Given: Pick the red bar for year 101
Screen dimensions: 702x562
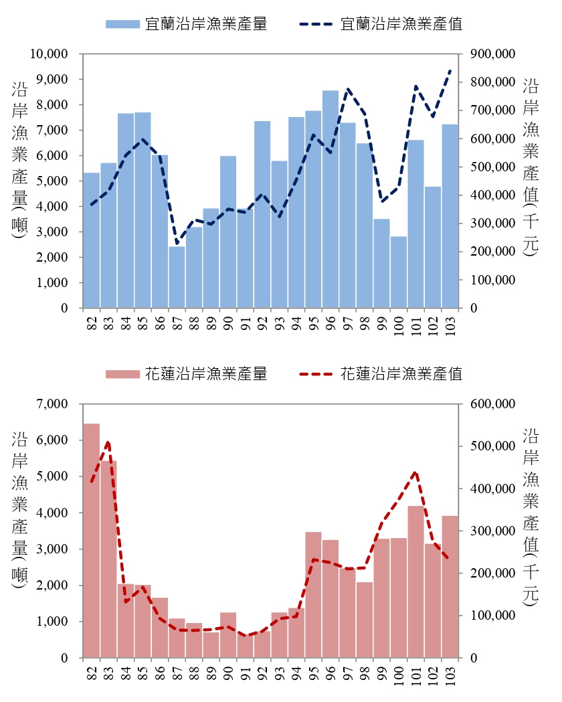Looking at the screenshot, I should pyautogui.click(x=416, y=582).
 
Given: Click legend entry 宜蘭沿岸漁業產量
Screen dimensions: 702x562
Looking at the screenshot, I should pyautogui.click(x=187, y=24).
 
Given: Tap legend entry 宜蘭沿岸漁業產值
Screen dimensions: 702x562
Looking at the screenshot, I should pyautogui.click(x=381, y=24).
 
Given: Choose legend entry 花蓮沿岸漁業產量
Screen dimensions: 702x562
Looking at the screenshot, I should pyautogui.click(x=187, y=373).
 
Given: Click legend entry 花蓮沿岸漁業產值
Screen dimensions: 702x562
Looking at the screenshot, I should pyautogui.click(x=381, y=373).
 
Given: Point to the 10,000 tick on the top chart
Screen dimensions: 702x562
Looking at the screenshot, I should pyautogui.click(x=51, y=54).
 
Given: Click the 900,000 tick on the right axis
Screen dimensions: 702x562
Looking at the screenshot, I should pyautogui.click(x=492, y=54).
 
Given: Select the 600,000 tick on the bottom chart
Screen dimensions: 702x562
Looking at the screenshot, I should pyautogui.click(x=492, y=404).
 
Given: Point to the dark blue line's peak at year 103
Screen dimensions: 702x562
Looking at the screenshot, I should pyautogui.click(x=450, y=70).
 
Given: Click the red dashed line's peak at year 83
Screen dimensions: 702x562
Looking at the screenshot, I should pyautogui.click(x=108, y=442).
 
